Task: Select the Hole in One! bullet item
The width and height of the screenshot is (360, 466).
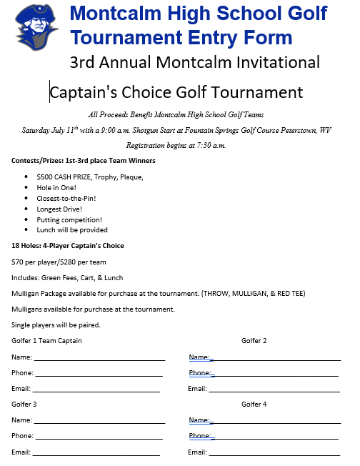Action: point(58,188)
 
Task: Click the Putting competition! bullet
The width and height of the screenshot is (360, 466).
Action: point(69,220)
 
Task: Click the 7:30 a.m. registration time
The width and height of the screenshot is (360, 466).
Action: point(206,146)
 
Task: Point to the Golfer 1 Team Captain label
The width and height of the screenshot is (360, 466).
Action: point(46,341)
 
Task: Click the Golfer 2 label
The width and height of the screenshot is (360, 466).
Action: point(254,341)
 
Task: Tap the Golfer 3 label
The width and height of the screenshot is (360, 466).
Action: point(24,405)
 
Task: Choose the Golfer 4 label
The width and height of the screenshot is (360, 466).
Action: point(254,405)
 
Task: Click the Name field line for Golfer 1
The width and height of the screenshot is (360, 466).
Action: point(99,360)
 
